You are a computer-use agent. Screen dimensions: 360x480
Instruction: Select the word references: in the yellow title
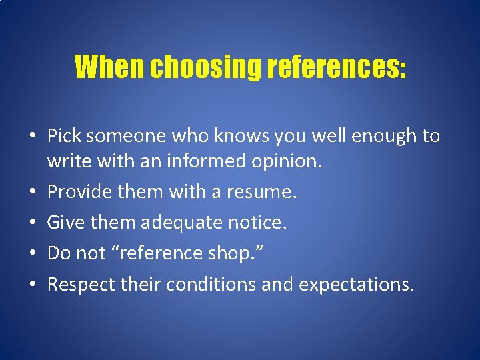pos(334,67)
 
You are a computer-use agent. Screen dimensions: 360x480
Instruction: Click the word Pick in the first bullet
pos(64,136)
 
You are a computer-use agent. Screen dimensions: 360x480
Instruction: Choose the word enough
pos(380,136)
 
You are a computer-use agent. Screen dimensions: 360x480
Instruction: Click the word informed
pos(202,161)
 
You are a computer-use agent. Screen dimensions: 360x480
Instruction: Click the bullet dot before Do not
pos(33,254)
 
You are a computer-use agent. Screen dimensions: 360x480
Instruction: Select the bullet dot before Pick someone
pos(33,137)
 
